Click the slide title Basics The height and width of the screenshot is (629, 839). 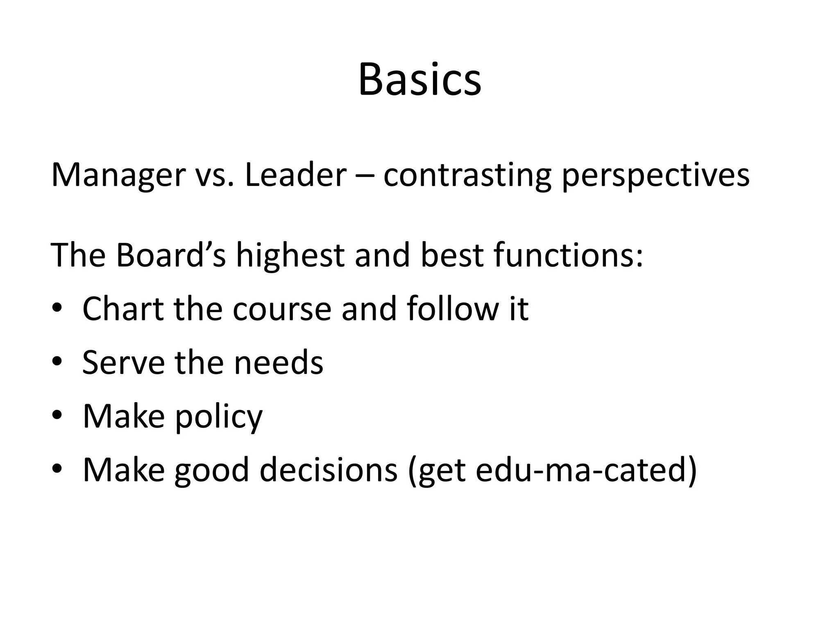pyautogui.click(x=419, y=80)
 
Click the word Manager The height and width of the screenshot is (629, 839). pyautogui.click(x=118, y=175)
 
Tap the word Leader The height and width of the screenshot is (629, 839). pyautogui.click(x=295, y=175)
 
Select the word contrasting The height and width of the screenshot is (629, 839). pyautogui.click(x=467, y=175)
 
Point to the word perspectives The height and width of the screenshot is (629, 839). pyautogui.click(x=655, y=175)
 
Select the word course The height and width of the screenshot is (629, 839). pyautogui.click(x=282, y=309)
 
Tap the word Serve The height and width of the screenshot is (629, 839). pyautogui.click(x=123, y=362)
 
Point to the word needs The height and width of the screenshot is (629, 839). pyautogui.click(x=278, y=362)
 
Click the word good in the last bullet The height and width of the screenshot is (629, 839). pyautogui.click(x=211, y=470)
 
